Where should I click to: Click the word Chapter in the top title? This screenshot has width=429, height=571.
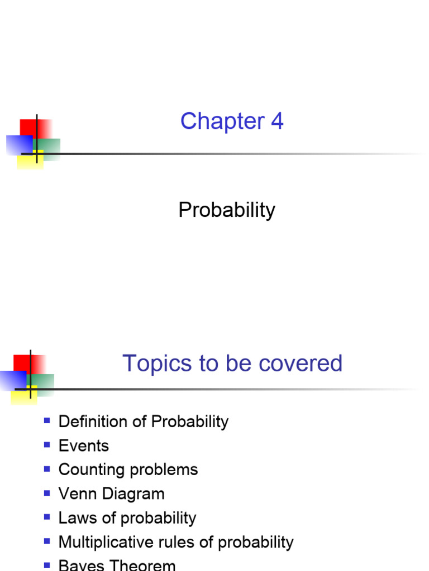(214, 122)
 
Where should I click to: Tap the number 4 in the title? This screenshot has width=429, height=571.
(277, 122)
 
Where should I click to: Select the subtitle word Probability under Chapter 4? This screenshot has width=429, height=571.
(227, 210)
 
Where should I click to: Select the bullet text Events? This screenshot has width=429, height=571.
(84, 446)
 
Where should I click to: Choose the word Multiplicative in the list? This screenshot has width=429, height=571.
(105, 542)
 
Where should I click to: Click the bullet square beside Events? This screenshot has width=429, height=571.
(47, 444)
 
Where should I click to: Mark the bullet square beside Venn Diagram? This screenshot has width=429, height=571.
(47, 492)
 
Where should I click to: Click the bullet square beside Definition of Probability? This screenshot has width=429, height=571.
(47, 420)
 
